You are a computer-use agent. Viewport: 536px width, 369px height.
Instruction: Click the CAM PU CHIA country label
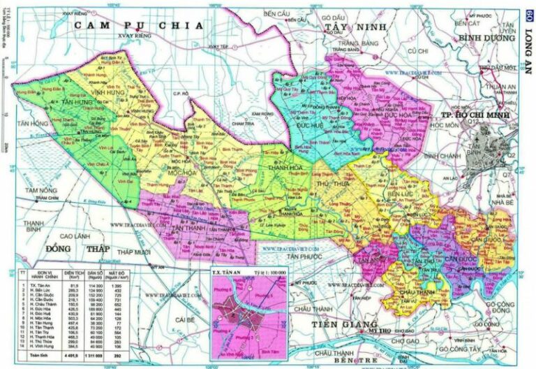coord(139,25)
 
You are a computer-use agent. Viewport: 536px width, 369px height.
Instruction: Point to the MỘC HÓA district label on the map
coord(181,172)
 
